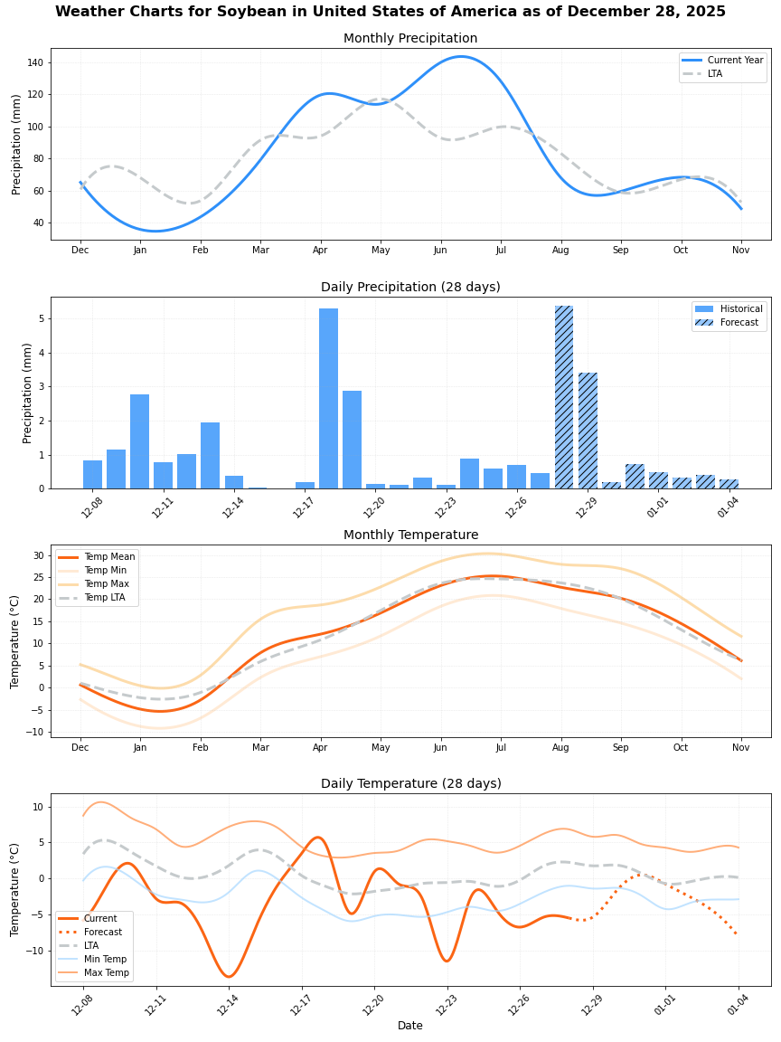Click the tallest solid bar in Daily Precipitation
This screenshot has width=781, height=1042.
pos(328,398)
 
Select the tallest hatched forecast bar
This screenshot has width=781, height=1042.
pos(564,397)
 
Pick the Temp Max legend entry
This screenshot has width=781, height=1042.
pos(107,584)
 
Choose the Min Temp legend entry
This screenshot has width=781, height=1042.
pos(105,959)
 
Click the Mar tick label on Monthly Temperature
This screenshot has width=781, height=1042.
pos(260,748)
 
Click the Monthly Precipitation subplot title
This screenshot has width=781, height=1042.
pos(410,39)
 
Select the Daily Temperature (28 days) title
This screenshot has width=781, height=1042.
pos(410,783)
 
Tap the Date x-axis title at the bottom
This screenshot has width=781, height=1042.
pos(410,1026)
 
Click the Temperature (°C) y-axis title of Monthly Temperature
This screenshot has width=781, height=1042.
pos(15,641)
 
